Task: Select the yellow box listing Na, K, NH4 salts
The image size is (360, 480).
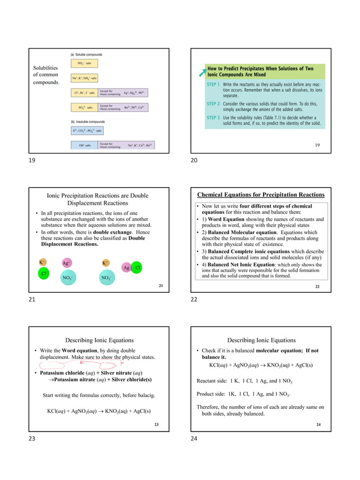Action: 85,78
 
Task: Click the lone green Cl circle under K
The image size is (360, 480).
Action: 43,274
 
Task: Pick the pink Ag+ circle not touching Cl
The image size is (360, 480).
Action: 66,263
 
